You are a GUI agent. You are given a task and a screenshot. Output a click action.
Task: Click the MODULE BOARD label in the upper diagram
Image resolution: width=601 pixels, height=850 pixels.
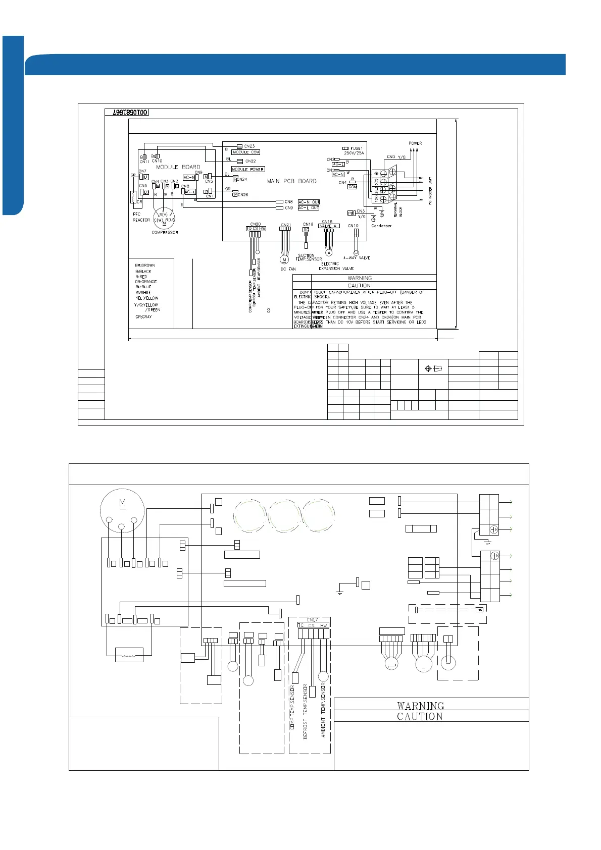(178, 167)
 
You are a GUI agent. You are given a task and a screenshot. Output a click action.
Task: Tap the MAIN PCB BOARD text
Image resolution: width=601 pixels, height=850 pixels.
(291, 181)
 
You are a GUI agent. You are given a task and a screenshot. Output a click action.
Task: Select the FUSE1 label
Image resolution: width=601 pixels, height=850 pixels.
(357, 148)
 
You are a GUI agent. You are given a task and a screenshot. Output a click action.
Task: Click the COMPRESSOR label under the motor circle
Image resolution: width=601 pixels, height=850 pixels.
(165, 233)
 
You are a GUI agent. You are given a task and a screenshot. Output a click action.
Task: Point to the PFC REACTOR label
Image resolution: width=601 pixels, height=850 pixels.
(141, 217)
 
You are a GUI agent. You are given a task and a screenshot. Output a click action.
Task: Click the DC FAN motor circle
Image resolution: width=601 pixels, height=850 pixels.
(284, 259)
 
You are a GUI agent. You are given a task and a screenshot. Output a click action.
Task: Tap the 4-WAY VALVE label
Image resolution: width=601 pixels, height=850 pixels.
(357, 258)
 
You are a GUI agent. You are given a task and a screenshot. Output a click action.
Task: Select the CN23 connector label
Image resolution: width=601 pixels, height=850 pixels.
(249, 146)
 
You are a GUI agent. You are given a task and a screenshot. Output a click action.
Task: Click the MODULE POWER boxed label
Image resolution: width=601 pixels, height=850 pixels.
(248, 169)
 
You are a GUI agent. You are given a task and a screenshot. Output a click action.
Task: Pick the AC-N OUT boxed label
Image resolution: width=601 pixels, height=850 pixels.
(309, 202)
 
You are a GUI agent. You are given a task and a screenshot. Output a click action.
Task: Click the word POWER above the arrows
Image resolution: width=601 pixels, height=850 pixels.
(415, 143)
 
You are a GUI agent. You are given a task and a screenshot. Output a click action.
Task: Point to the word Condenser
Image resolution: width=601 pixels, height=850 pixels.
(381, 226)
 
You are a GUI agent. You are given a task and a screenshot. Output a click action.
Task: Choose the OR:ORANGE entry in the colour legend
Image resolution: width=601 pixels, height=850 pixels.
(146, 282)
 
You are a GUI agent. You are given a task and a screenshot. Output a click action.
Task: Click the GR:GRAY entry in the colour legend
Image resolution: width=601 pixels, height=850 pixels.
(143, 317)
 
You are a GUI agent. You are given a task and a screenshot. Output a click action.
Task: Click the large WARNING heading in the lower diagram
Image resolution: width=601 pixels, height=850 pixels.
(420, 706)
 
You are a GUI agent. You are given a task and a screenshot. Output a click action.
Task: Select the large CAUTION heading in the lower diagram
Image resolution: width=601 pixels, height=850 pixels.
(420, 716)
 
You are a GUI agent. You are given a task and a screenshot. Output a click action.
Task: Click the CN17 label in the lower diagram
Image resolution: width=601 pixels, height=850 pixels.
(313, 620)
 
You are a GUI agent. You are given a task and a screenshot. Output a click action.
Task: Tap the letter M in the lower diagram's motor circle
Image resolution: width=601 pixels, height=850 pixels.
(122, 503)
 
